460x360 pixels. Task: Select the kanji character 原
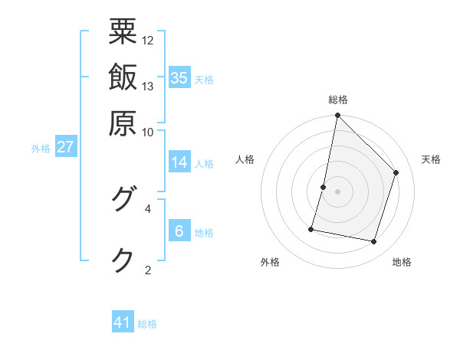tap(123, 121)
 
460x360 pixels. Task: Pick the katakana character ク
tap(123, 260)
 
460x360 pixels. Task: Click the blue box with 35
tap(179, 77)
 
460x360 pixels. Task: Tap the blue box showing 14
tap(179, 162)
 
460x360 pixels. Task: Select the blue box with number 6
tap(179, 231)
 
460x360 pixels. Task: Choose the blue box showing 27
tap(65, 147)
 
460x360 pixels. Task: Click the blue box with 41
tap(123, 322)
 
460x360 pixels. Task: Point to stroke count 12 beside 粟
tap(148, 40)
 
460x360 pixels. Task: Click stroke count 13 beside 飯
tap(148, 86)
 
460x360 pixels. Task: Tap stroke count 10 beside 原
tap(148, 131)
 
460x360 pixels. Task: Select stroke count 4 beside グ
tap(148, 208)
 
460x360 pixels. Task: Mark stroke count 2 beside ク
tap(148, 269)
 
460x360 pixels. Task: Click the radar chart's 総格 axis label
tap(337, 100)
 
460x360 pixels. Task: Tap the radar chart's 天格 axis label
tap(431, 159)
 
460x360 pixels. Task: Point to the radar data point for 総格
tap(337, 116)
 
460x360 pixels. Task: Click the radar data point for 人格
tap(324, 187)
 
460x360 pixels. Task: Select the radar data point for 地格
tap(373, 241)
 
